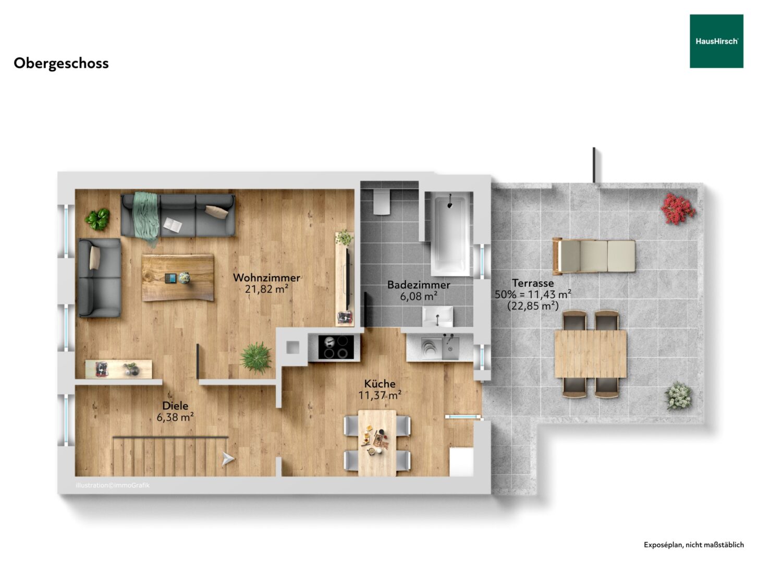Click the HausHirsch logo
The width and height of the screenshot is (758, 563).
tap(716, 41)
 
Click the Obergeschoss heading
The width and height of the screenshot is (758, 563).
tap(61, 64)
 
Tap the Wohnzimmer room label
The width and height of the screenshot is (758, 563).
tap(266, 277)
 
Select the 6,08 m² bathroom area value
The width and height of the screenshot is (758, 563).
tap(419, 296)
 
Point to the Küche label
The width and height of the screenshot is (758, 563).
tap(380, 384)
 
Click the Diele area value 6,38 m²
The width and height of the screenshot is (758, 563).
tap(175, 417)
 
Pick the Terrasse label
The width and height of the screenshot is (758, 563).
tap(533, 283)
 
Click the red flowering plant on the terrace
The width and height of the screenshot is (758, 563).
tap(678, 209)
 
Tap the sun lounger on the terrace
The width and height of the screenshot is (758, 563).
tap(594, 256)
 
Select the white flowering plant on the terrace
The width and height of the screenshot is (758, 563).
tap(678, 396)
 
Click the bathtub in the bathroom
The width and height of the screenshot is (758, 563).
tap(450, 234)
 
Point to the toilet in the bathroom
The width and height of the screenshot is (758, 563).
tap(382, 202)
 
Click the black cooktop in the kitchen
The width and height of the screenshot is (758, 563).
tap(336, 347)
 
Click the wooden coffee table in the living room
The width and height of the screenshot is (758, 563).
tap(178, 277)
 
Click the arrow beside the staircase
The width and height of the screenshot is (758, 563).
tap(228, 459)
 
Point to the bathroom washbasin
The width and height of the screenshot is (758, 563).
tap(438, 316)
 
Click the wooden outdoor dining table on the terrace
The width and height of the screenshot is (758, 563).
tap(591, 354)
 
